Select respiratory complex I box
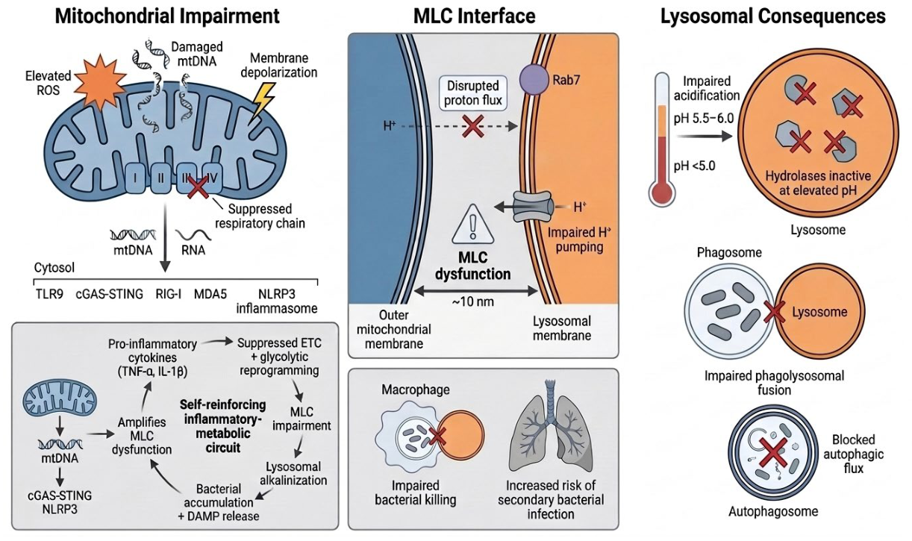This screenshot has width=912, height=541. (x=136, y=178)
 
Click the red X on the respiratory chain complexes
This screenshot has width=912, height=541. (x=198, y=187)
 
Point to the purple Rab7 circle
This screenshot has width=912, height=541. (x=534, y=79)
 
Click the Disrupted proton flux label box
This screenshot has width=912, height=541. (x=473, y=93)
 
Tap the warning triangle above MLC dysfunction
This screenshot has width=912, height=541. (x=472, y=224)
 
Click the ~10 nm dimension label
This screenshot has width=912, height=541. (x=472, y=301)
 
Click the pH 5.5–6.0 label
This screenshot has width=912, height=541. (x=704, y=119)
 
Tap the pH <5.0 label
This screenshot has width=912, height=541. (x=695, y=166)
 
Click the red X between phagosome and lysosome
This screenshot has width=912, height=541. (x=774, y=312)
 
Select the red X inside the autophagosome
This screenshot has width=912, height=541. (x=772, y=454)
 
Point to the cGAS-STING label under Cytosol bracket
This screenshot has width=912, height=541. (x=110, y=294)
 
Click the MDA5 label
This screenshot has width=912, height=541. (x=210, y=294)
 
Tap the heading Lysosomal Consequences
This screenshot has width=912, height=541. (x=772, y=16)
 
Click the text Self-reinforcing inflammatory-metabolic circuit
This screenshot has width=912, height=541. (x=222, y=426)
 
